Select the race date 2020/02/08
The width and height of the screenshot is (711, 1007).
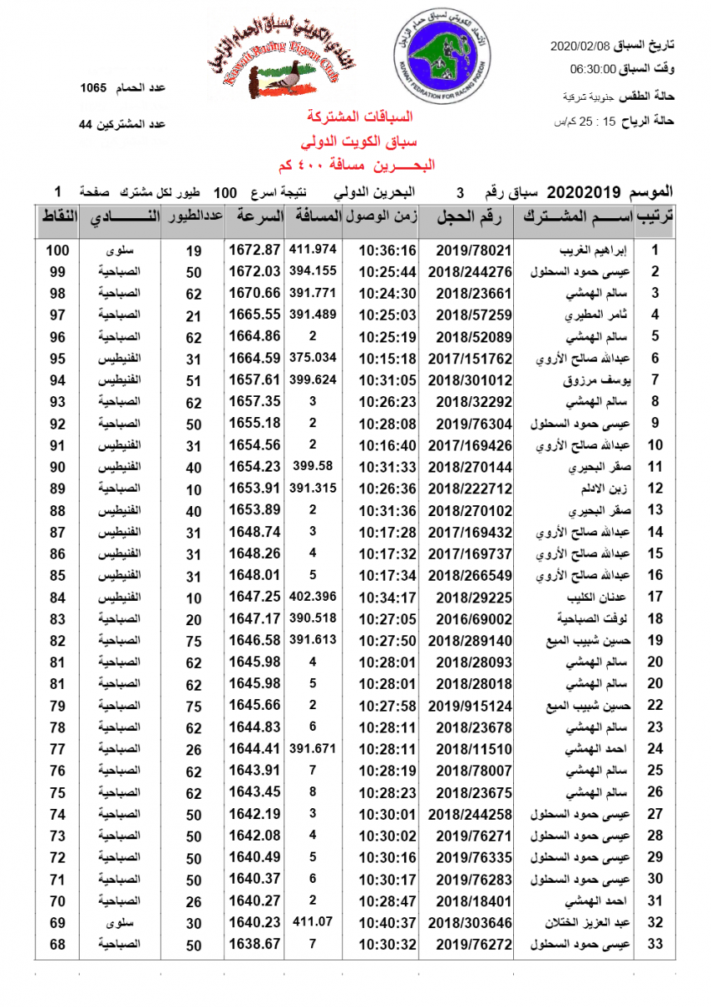click(x=582, y=44)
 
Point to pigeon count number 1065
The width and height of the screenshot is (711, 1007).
click(x=95, y=87)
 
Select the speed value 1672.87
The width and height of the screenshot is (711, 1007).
click(x=253, y=250)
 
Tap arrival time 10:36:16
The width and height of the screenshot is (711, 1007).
click(x=387, y=250)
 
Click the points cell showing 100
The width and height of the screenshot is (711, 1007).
click(x=57, y=250)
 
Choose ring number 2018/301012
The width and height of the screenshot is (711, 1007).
click(x=470, y=380)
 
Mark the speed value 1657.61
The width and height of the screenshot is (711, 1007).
click(x=253, y=380)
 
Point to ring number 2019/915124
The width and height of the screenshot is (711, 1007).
click(x=470, y=705)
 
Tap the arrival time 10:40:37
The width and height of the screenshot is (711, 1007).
click(x=387, y=922)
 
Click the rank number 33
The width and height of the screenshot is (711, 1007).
click(x=656, y=944)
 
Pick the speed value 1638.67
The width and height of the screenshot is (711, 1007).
click(x=253, y=944)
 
